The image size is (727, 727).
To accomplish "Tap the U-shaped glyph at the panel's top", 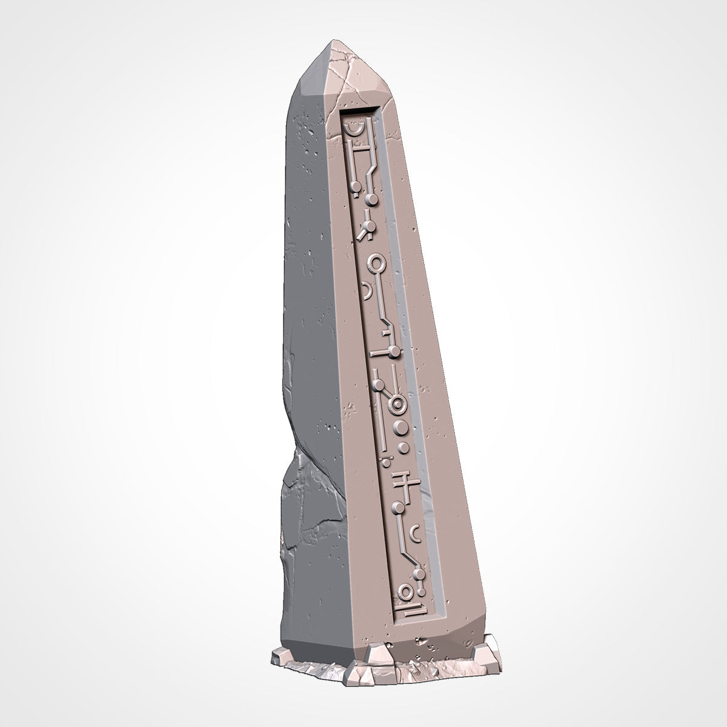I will [352, 128].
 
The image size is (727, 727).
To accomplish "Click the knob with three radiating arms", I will [365, 225].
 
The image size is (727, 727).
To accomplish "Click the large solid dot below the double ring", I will [399, 429].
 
